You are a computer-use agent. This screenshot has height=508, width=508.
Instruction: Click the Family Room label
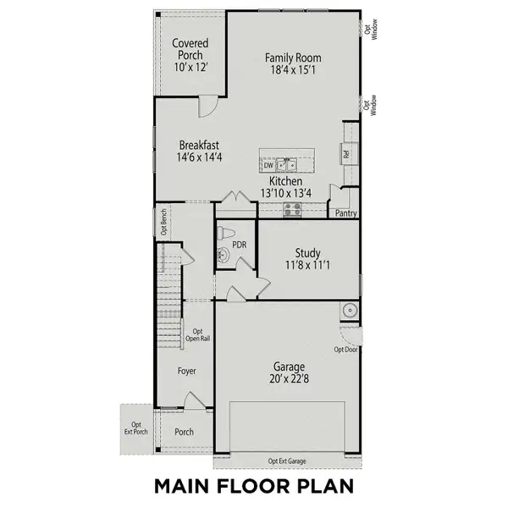click(x=293, y=58)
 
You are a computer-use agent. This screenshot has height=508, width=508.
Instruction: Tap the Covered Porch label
click(x=190, y=49)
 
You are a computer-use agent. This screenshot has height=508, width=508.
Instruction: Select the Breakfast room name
click(x=199, y=146)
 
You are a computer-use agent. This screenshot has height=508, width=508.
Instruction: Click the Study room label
click(x=307, y=252)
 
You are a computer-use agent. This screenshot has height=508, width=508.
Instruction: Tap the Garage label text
click(x=289, y=367)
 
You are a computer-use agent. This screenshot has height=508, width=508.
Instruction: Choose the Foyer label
click(x=186, y=371)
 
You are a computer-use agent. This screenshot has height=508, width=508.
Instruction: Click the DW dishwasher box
click(x=268, y=166)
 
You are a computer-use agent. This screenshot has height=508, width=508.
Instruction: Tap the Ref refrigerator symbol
click(x=346, y=154)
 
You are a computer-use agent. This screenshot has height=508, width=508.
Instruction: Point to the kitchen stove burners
click(x=294, y=209)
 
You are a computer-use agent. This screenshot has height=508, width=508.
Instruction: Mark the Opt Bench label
click(x=163, y=223)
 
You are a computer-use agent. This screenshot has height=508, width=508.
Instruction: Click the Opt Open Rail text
click(x=198, y=335)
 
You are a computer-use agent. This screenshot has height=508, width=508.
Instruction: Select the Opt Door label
click(x=345, y=349)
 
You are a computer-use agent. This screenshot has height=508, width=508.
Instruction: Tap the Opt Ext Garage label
click(x=288, y=461)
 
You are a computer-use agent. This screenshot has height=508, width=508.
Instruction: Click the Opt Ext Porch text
click(x=135, y=430)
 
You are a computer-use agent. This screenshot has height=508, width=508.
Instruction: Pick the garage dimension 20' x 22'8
click(x=289, y=379)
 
